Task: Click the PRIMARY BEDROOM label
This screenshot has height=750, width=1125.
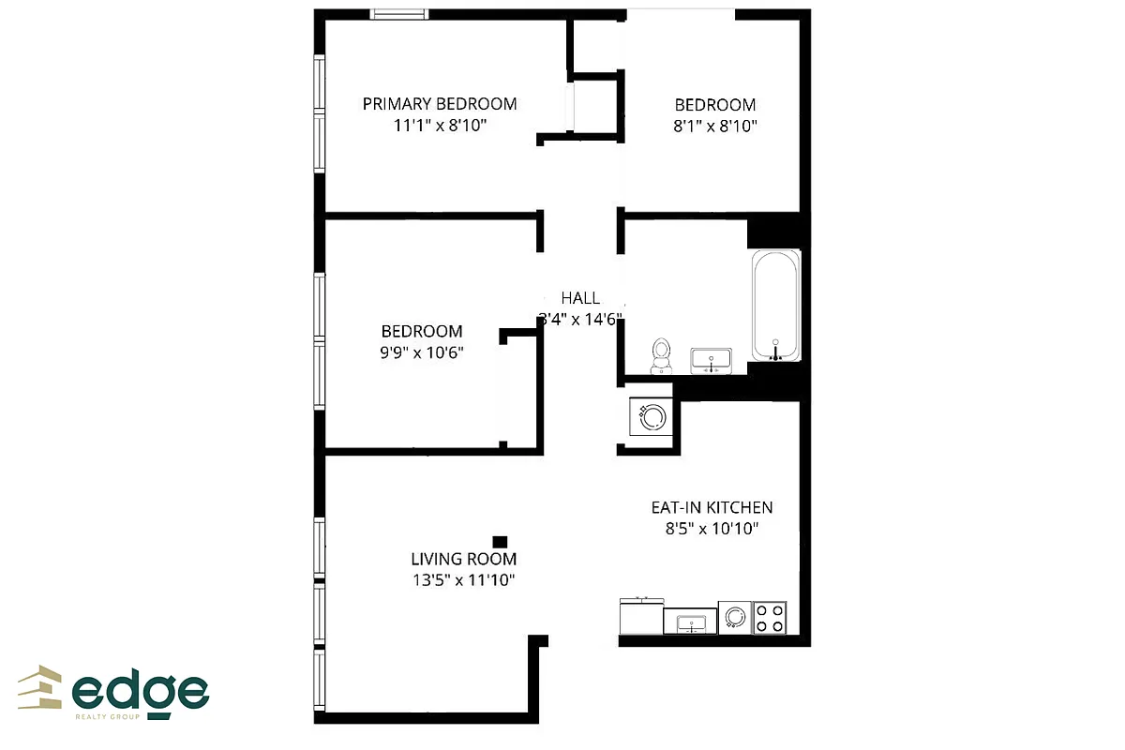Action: tap(440, 104)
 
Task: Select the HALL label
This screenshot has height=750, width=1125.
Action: tap(580, 298)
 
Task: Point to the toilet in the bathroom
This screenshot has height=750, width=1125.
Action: tap(662, 354)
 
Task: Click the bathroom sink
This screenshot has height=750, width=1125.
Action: tap(712, 359)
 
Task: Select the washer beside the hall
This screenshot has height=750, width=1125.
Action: tap(649, 413)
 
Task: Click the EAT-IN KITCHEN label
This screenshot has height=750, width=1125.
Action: tap(712, 508)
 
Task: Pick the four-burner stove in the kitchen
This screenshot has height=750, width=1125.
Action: tap(771, 617)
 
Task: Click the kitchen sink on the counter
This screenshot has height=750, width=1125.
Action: tap(690, 622)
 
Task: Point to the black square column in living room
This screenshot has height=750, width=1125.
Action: tap(500, 541)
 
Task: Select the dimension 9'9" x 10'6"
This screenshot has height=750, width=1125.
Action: tap(422, 352)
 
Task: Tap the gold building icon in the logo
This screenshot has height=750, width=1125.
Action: tap(40, 688)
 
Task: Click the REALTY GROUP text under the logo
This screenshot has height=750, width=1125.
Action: tap(107, 717)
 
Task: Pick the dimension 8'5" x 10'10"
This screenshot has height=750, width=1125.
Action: tap(712, 529)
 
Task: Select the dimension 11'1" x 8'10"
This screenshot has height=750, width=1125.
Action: tap(440, 125)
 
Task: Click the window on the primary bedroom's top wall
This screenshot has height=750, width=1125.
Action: tap(399, 13)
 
